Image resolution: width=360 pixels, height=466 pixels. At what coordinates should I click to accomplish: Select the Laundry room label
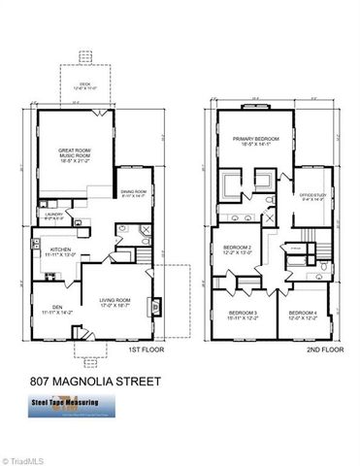pyautogui.click(x=53, y=216)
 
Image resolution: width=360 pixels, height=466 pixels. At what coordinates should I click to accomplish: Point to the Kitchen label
pyautogui.click(x=54, y=250)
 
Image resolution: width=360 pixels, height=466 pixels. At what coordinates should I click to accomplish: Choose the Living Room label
pyautogui.click(x=115, y=302)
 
